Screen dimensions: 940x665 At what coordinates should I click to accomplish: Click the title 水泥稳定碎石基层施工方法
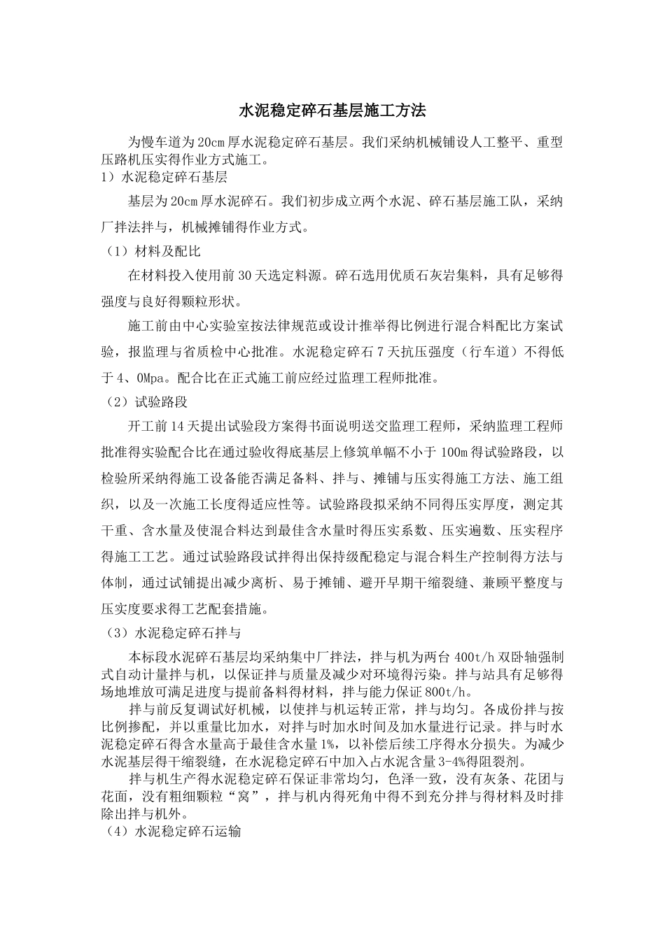pyautogui.click(x=332, y=111)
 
